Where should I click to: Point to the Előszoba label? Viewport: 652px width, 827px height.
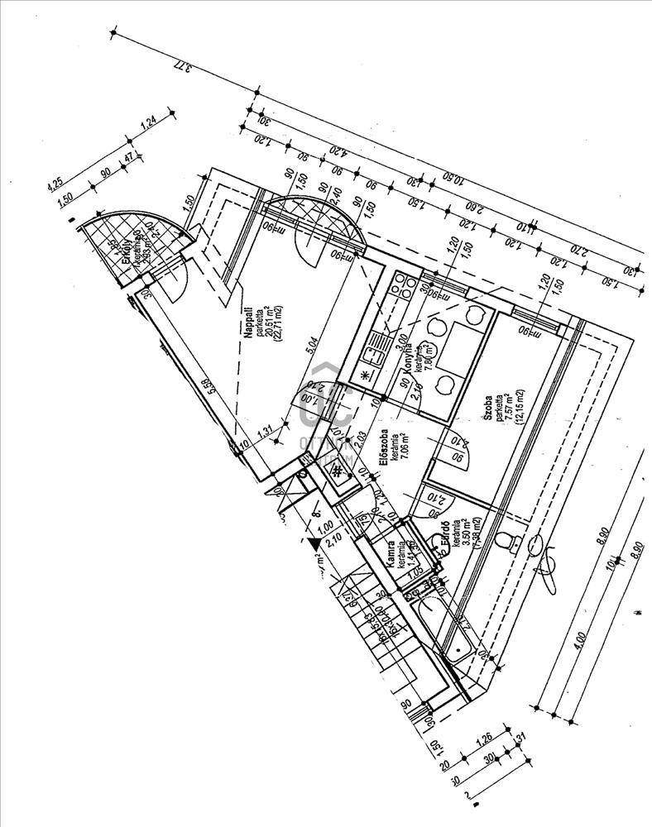point(385,452)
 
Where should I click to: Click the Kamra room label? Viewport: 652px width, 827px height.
point(387,547)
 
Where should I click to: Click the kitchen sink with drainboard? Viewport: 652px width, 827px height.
point(376,349)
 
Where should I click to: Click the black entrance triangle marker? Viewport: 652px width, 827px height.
point(314,543)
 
